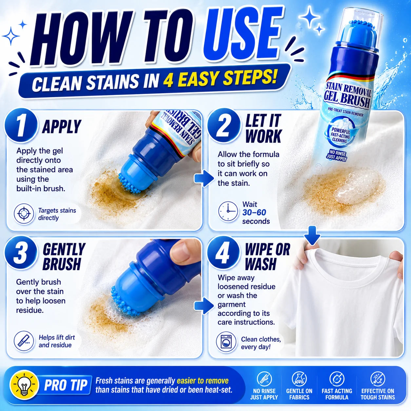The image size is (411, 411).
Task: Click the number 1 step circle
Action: [x=21, y=125]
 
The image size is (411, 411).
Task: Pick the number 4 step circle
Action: [x=223, y=253]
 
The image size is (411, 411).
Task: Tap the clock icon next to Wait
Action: [x=228, y=211]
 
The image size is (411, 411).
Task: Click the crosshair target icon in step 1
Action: [x=24, y=213]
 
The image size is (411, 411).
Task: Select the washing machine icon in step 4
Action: [x=226, y=342]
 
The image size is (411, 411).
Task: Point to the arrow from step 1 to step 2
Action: [x=204, y=178]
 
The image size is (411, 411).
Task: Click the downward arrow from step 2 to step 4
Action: [x=312, y=235]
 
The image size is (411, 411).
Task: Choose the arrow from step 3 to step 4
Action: [x=204, y=306]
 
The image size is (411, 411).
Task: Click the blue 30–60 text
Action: [x=254, y=212]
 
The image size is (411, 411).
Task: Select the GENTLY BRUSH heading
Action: [x=64, y=257]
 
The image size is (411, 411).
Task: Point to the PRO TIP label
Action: [x=66, y=385]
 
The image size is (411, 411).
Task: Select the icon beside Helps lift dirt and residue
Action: [x=24, y=341]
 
